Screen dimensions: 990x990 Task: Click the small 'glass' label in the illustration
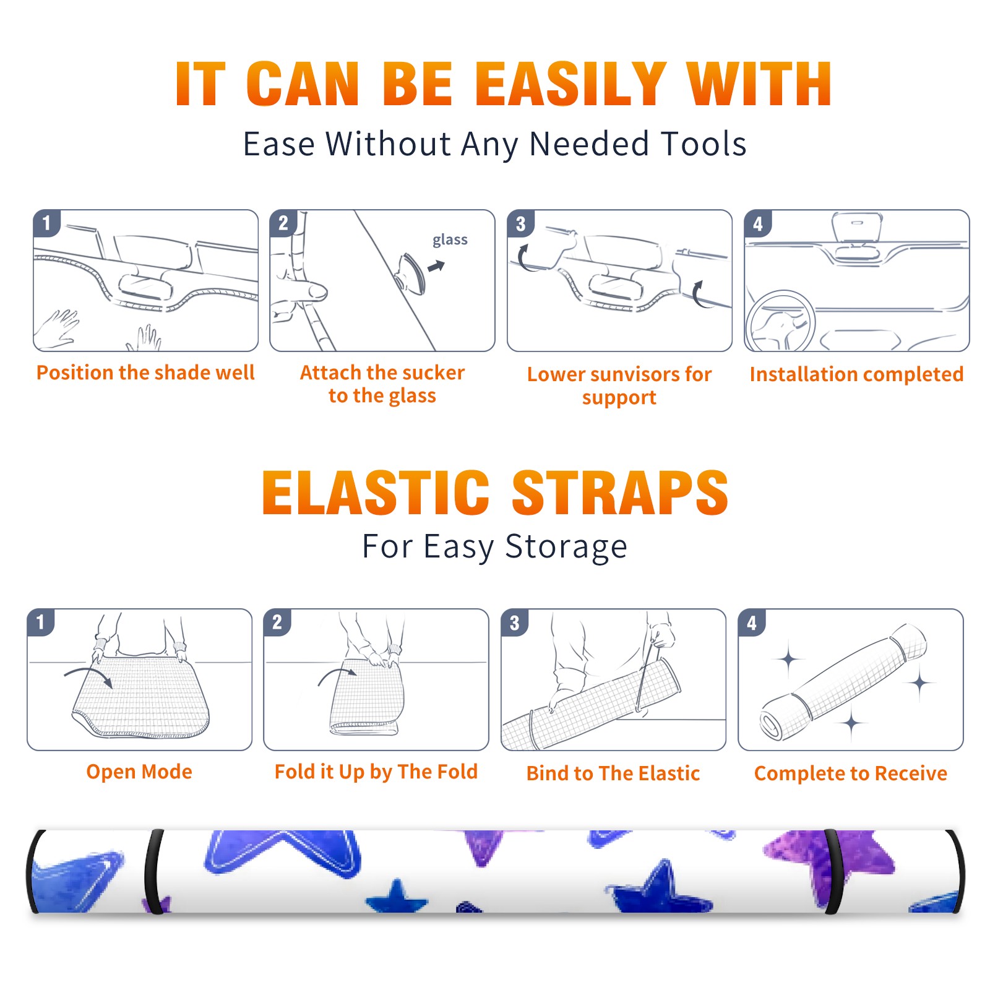point(450,240)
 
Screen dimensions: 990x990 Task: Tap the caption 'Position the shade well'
point(145,372)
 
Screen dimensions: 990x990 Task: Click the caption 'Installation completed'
point(856,374)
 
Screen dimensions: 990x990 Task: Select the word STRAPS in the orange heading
point(620,493)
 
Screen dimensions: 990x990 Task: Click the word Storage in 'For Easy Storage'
point(566,547)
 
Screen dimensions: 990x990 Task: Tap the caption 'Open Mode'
point(139,772)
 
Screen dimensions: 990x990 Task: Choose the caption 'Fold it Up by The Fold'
point(376,772)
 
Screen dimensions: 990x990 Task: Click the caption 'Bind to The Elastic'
point(613,773)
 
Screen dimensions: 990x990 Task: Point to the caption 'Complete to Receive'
point(851,773)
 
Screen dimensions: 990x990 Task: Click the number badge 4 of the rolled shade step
point(752,623)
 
